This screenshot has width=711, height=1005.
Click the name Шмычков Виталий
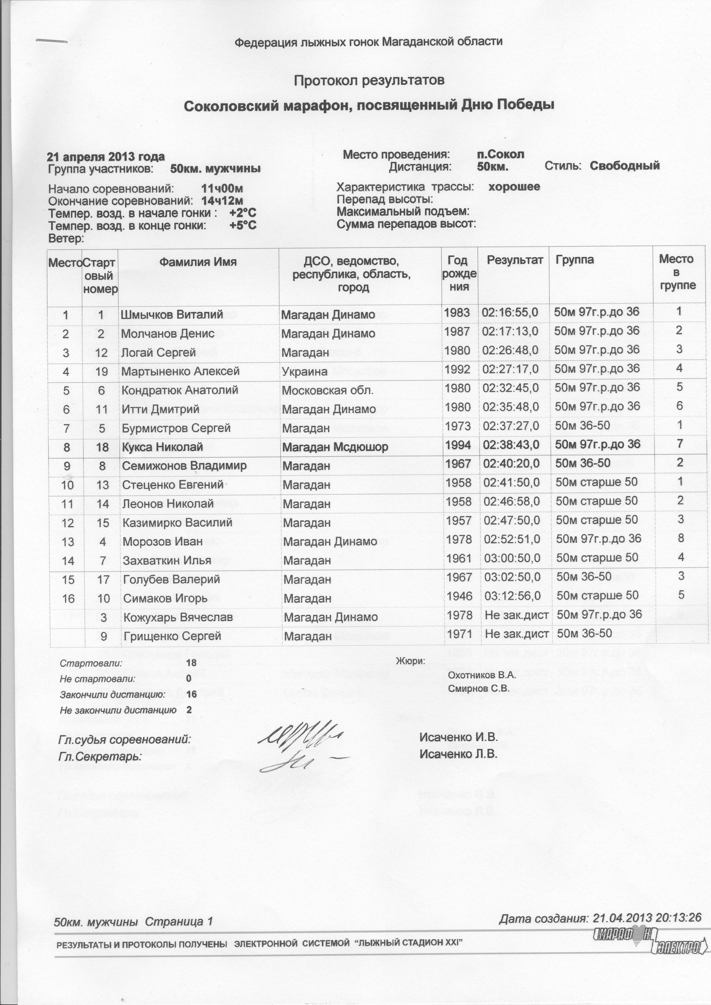172,314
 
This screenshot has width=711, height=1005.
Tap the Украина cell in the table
304,372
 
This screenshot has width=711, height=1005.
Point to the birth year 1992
458,369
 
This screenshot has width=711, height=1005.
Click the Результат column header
515,260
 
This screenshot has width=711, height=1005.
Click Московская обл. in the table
327,390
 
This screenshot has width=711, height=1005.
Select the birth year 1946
459,596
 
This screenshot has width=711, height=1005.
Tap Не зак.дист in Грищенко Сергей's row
517,634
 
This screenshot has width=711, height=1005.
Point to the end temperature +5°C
243,226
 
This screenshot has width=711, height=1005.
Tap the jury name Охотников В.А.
482,675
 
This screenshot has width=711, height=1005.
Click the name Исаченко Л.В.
458,754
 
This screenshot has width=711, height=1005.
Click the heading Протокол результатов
369,81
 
